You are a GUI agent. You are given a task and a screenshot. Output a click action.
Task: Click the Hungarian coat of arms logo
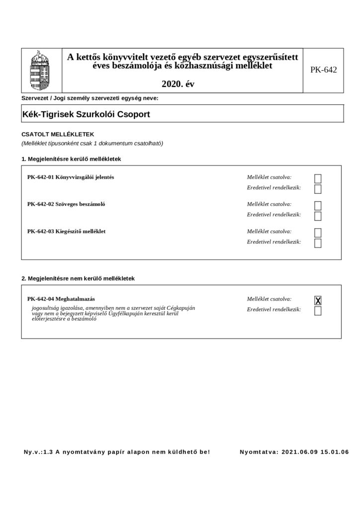(40, 70)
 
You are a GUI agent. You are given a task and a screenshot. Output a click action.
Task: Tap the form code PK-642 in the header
(323, 70)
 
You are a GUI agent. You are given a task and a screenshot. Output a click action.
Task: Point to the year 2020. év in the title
(178, 84)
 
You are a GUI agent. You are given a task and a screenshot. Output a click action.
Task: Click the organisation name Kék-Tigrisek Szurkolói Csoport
(87, 114)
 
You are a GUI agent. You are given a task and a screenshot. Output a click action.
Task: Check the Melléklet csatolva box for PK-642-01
(318, 178)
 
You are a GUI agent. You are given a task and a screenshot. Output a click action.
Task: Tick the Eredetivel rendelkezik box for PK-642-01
(318, 189)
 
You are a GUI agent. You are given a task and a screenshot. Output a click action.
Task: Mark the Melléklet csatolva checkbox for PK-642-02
(318, 205)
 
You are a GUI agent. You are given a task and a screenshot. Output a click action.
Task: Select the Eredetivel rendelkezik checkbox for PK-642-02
(318, 216)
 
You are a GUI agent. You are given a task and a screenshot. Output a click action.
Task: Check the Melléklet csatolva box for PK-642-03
(318, 232)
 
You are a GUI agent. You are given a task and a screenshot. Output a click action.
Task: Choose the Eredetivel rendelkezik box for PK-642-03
(318, 243)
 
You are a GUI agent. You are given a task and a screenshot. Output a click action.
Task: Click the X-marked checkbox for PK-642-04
(318, 300)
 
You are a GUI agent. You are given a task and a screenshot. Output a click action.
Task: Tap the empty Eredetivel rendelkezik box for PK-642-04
(318, 311)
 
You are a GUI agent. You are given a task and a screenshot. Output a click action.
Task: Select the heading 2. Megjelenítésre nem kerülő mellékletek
(78, 278)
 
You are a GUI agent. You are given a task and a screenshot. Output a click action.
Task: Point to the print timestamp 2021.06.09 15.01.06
(315, 452)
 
